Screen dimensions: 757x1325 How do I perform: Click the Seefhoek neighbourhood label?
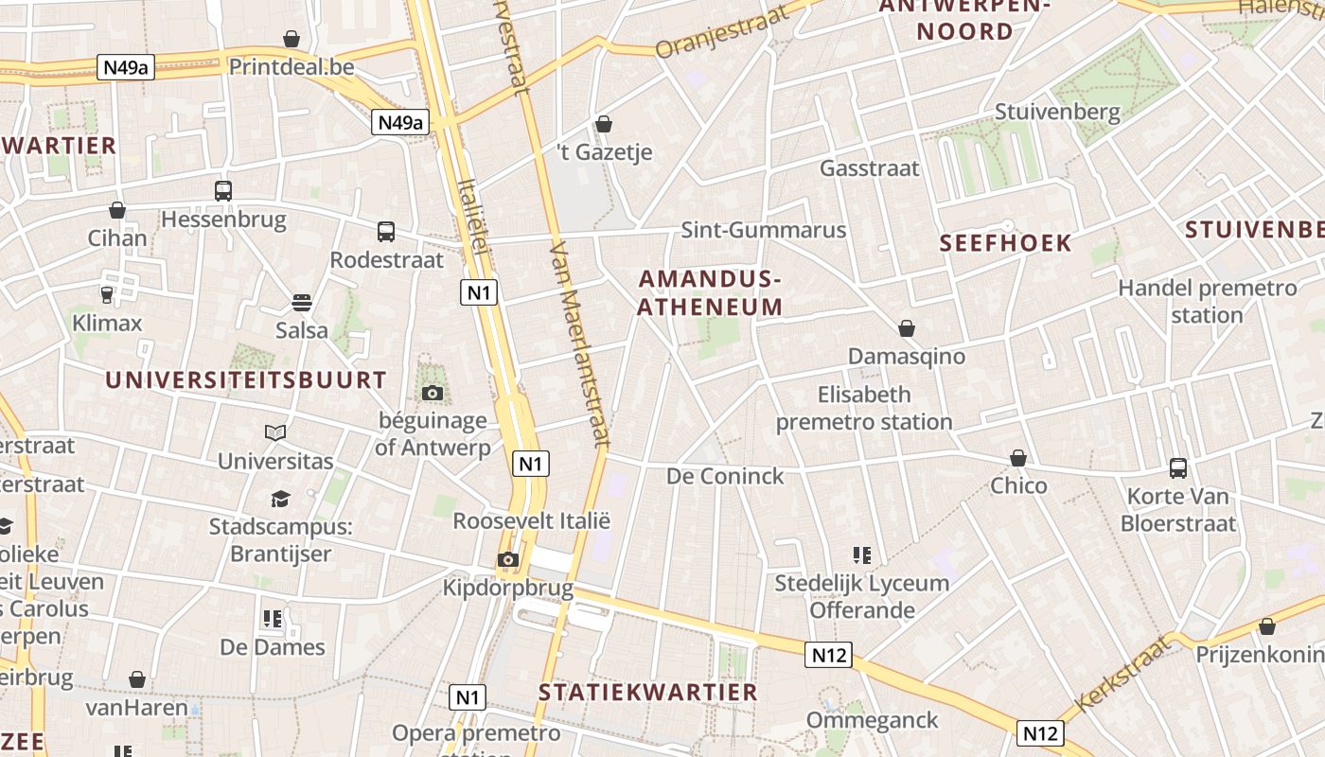click(1005, 243)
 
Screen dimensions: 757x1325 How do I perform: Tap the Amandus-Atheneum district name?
click(710, 292)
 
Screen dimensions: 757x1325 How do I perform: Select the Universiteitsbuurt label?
click(245, 380)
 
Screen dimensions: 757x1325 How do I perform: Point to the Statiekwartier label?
click(648, 693)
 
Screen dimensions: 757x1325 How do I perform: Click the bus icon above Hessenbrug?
click(223, 191)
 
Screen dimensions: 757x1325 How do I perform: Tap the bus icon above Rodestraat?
click(386, 232)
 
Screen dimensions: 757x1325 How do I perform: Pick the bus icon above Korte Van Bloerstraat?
click(1178, 467)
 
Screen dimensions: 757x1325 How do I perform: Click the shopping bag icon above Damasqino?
click(907, 328)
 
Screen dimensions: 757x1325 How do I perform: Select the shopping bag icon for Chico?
click(1018, 459)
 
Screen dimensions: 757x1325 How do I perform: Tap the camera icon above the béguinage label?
click(433, 393)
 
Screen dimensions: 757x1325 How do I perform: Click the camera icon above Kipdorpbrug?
click(508, 560)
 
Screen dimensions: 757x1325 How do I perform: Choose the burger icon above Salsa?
click(302, 303)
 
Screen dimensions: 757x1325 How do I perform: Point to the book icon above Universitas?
click(275, 433)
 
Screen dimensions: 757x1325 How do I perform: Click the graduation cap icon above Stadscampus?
click(280, 499)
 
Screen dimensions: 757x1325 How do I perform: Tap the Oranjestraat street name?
click(710, 34)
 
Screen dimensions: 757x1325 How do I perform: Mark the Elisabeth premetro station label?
click(864, 408)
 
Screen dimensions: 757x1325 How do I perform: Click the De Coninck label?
click(726, 476)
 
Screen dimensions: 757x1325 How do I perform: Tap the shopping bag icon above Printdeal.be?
click(291, 39)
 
